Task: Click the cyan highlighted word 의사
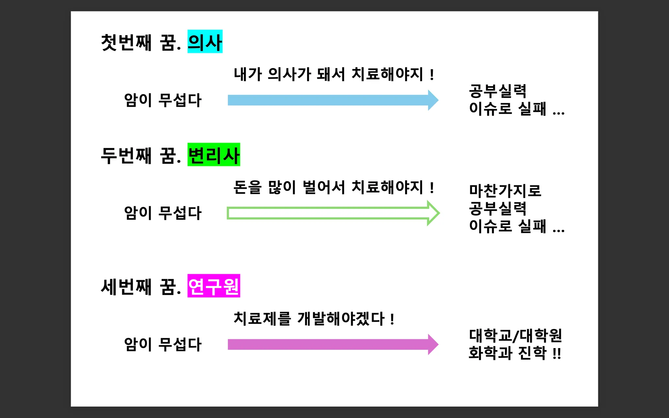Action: click(205, 42)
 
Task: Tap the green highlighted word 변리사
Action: click(214, 155)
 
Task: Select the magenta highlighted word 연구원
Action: click(214, 286)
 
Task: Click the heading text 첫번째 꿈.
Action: click(141, 42)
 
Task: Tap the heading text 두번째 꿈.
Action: click(141, 155)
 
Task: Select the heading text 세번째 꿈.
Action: click(141, 287)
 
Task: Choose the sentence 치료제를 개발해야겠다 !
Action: click(314, 318)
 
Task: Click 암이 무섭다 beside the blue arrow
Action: click(163, 100)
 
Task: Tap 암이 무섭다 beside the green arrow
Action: click(163, 213)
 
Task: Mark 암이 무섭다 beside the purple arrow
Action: click(163, 344)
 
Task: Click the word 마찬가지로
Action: click(505, 191)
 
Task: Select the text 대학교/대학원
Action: click(515, 335)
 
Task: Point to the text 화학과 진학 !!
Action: click(515, 353)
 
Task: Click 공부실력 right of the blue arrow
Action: click(498, 91)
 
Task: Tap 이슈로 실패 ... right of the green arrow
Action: click(516, 226)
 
